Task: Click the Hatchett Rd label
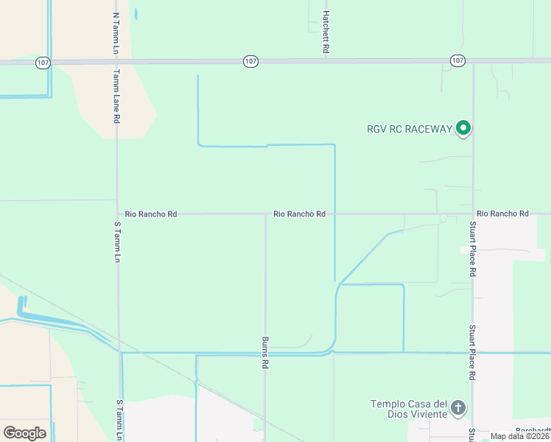pos(325,32)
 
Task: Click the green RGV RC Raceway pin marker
pos(463,128)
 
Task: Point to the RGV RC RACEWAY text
pos(409,129)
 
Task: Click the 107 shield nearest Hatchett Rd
pos(250,62)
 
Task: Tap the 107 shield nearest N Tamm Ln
pos(43,63)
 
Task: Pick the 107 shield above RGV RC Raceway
pos(457,60)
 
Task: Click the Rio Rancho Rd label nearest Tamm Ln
pos(151,214)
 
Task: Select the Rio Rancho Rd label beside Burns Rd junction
pos(299,214)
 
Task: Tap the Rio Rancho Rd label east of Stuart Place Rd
pos(502,214)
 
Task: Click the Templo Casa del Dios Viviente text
pos(410,409)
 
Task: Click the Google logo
pos(24,432)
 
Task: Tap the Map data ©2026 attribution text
pos(520,436)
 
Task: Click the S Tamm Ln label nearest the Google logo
pos(119,420)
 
